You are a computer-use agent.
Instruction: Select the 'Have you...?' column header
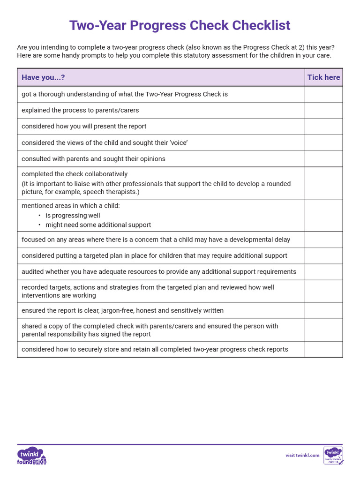(x=43, y=77)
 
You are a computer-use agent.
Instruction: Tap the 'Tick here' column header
(x=323, y=77)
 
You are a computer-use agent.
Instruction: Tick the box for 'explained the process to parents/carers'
(x=323, y=111)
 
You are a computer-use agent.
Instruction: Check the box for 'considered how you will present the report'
(x=323, y=127)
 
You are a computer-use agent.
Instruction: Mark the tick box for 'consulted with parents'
(x=323, y=159)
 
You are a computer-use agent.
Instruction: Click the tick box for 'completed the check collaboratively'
(x=323, y=183)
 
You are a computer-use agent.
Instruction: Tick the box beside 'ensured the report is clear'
(x=323, y=311)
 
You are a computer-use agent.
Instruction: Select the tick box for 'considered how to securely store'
(x=323, y=350)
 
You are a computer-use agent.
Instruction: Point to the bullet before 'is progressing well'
(x=39, y=216)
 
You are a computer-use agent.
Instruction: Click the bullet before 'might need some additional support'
(x=39, y=225)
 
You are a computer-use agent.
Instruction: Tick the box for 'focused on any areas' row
(x=323, y=240)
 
